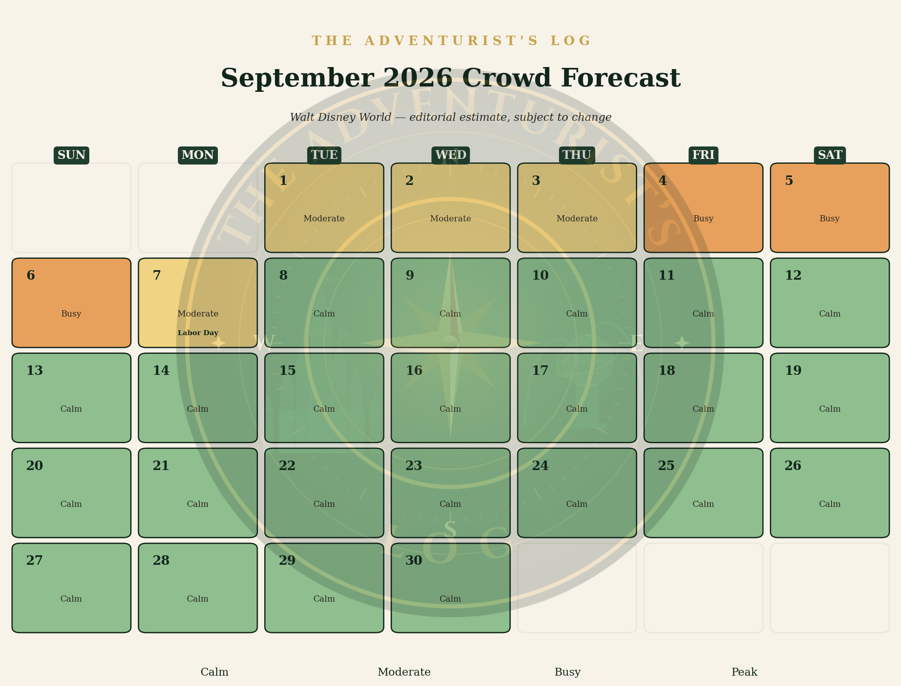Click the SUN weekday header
[x=72, y=155]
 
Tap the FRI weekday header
[x=703, y=155]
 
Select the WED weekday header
[x=451, y=155]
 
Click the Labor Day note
[x=198, y=333]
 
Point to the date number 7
[x=157, y=276]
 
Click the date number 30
[x=414, y=561]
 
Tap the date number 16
[x=414, y=371]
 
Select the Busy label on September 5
[x=829, y=218]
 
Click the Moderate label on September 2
[x=451, y=218]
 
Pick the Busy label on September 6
[x=71, y=314]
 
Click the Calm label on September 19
[x=830, y=409]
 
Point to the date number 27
[x=34, y=561]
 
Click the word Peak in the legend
[x=744, y=672]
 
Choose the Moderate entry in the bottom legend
[x=404, y=672]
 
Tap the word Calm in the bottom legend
[x=215, y=672]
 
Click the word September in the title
[x=297, y=79]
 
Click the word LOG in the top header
[x=570, y=41]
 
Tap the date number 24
[x=540, y=466]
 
